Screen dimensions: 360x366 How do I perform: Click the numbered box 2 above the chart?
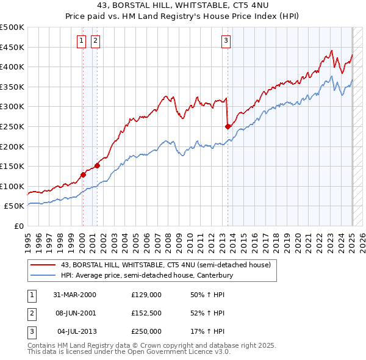point(96,41)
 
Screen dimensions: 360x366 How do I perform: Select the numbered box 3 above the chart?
point(226,41)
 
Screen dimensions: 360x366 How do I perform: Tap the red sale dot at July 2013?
point(228,127)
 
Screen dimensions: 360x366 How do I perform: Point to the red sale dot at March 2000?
point(83,175)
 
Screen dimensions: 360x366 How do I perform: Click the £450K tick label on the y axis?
point(12,47)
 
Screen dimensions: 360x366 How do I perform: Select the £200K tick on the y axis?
point(12,146)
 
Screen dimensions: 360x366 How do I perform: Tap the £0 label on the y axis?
point(19,226)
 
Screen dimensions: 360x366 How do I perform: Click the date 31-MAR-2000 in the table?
point(74,295)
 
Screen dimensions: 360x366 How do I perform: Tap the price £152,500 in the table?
point(146,313)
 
